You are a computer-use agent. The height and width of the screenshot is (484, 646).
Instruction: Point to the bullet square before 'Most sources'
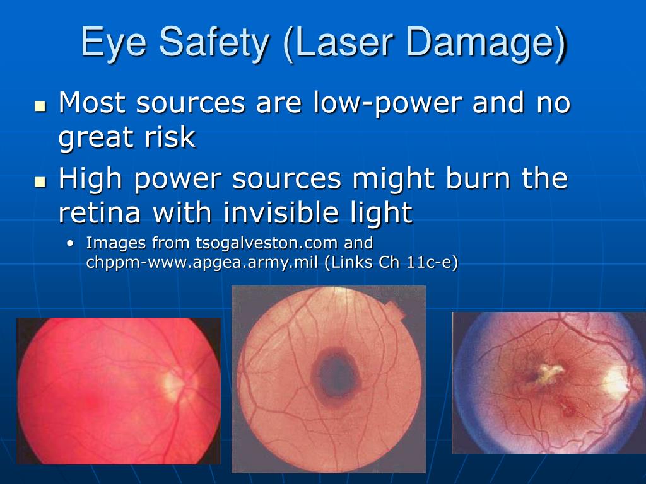click(40, 106)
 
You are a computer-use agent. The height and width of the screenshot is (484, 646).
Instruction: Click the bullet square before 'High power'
click(40, 181)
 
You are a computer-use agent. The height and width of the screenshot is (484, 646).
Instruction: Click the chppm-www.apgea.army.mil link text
click(202, 263)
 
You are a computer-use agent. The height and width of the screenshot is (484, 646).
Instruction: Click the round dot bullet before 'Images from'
click(71, 243)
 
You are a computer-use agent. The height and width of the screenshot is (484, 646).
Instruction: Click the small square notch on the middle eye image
click(396, 309)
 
